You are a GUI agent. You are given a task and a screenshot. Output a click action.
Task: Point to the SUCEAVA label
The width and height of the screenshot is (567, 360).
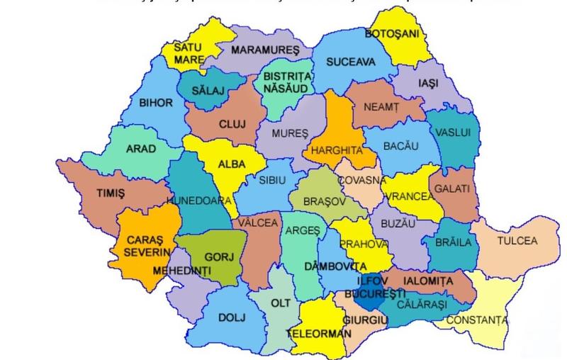pos(350,62)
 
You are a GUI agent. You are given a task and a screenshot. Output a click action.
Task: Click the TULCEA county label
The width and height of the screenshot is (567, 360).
pos(517,241)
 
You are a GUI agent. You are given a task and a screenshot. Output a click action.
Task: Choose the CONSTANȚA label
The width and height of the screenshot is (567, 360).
pos(477,320)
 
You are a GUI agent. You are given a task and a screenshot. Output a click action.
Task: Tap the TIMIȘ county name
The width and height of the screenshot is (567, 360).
pos(111,193)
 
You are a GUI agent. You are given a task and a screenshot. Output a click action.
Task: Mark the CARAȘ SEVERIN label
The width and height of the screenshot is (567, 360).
pos(140,246)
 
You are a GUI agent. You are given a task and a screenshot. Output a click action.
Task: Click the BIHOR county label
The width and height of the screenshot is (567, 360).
pos(156,103)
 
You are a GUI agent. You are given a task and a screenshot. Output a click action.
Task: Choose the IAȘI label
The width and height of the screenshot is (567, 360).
pos(429,83)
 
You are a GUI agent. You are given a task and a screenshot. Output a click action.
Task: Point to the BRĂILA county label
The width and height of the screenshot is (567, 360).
pos(454,242)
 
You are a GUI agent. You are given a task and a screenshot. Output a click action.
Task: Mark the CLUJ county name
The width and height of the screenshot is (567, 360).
pos(231,124)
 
